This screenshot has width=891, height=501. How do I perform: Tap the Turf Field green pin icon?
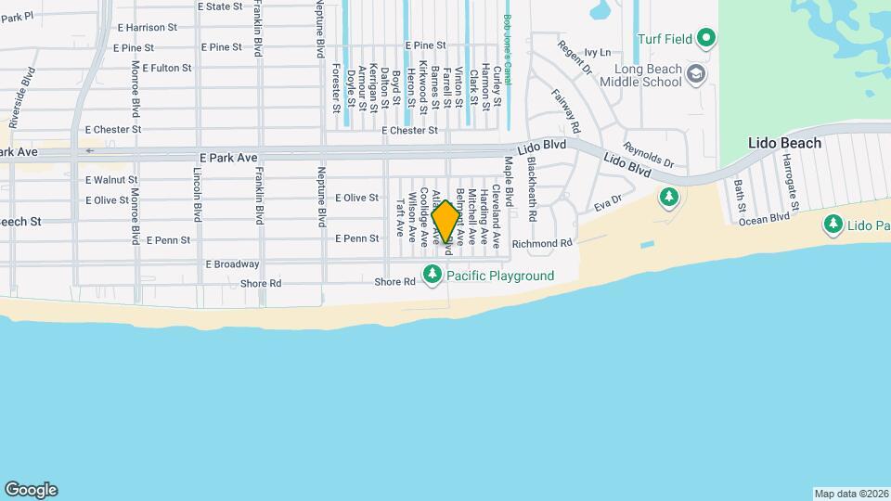[706, 38]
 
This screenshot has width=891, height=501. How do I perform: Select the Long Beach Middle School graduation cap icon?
[695, 72]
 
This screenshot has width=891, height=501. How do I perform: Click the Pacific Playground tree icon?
[432, 275]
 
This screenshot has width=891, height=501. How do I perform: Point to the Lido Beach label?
[785, 143]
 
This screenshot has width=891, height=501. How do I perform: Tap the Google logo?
[31, 490]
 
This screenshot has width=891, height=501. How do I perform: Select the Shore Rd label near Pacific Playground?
[394, 282]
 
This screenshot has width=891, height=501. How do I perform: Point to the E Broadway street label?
[232, 263]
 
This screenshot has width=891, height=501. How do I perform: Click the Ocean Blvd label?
[767, 217]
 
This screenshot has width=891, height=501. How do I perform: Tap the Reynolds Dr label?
[647, 154]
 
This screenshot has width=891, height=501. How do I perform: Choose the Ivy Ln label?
[599, 52]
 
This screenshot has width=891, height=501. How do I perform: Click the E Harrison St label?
[147, 28]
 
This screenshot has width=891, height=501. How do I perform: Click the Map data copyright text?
[851, 494]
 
